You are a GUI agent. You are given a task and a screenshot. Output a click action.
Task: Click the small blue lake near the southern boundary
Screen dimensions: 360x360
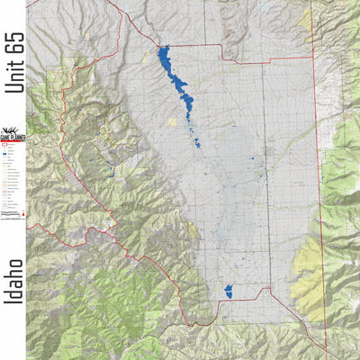[x=228, y=292]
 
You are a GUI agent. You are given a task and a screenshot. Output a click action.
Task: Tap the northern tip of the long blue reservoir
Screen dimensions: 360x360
[x=163, y=50]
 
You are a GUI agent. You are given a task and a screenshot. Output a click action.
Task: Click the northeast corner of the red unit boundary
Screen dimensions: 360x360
[x=312, y=62]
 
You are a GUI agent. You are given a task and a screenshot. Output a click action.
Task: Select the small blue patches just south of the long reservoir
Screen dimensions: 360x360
[x=196, y=142]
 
